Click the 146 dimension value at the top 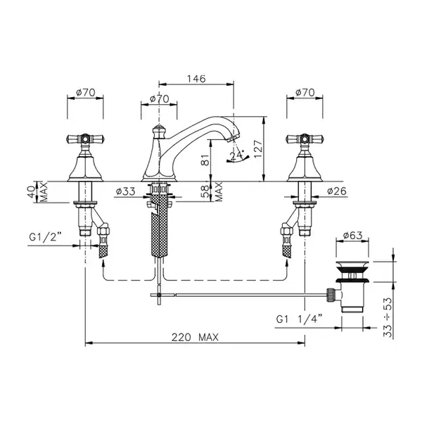196,79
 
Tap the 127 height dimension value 258,149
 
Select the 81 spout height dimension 206,160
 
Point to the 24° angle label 237,156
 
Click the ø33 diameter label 126,191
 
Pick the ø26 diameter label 337,191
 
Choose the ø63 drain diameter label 353,236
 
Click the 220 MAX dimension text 195,337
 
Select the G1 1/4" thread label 299,319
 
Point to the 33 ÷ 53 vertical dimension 388,317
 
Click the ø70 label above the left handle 86,93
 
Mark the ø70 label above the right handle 305,93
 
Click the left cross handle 85,139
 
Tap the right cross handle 305,139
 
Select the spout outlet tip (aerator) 232,139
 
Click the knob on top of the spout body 159,132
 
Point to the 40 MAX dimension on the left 39,192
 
